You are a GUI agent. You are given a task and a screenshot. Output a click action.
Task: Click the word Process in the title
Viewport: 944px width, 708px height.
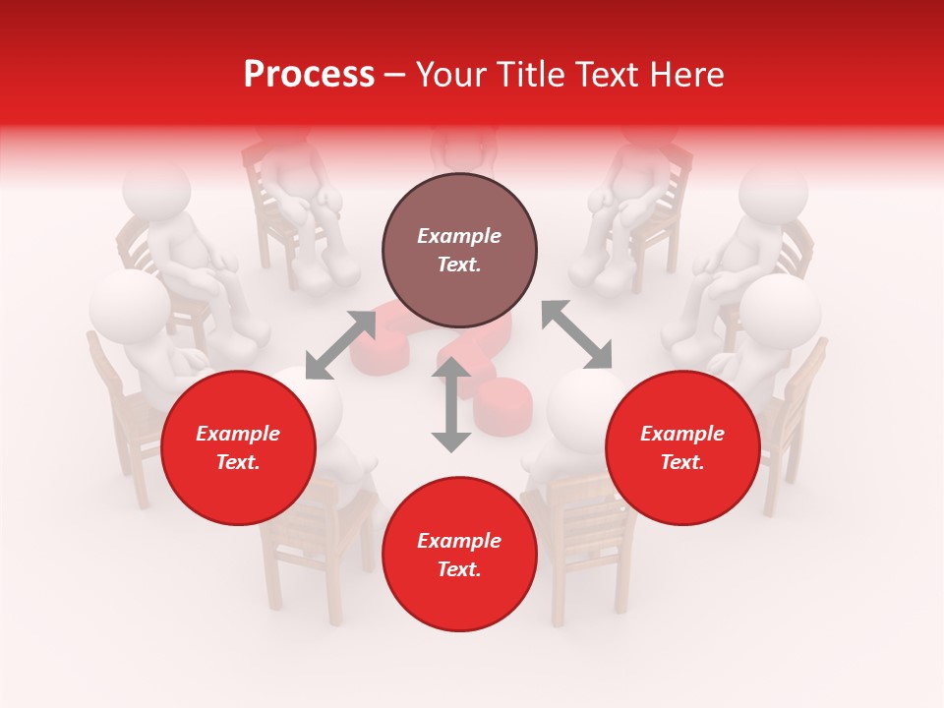[309, 75]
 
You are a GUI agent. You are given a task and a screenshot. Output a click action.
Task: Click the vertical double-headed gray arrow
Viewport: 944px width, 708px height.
[451, 405]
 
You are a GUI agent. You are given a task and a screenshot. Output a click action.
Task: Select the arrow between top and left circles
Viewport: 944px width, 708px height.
[340, 344]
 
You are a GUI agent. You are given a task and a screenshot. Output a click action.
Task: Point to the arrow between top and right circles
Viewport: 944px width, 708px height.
[576, 335]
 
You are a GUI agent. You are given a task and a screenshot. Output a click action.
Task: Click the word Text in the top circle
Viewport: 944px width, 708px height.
[459, 265]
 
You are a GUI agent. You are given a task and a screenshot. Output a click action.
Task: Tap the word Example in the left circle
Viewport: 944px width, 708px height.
[238, 434]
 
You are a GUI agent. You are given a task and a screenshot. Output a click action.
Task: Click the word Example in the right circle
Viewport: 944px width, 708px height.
[682, 434]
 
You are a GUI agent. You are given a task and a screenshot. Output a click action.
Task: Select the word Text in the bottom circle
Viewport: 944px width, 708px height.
[459, 570]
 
